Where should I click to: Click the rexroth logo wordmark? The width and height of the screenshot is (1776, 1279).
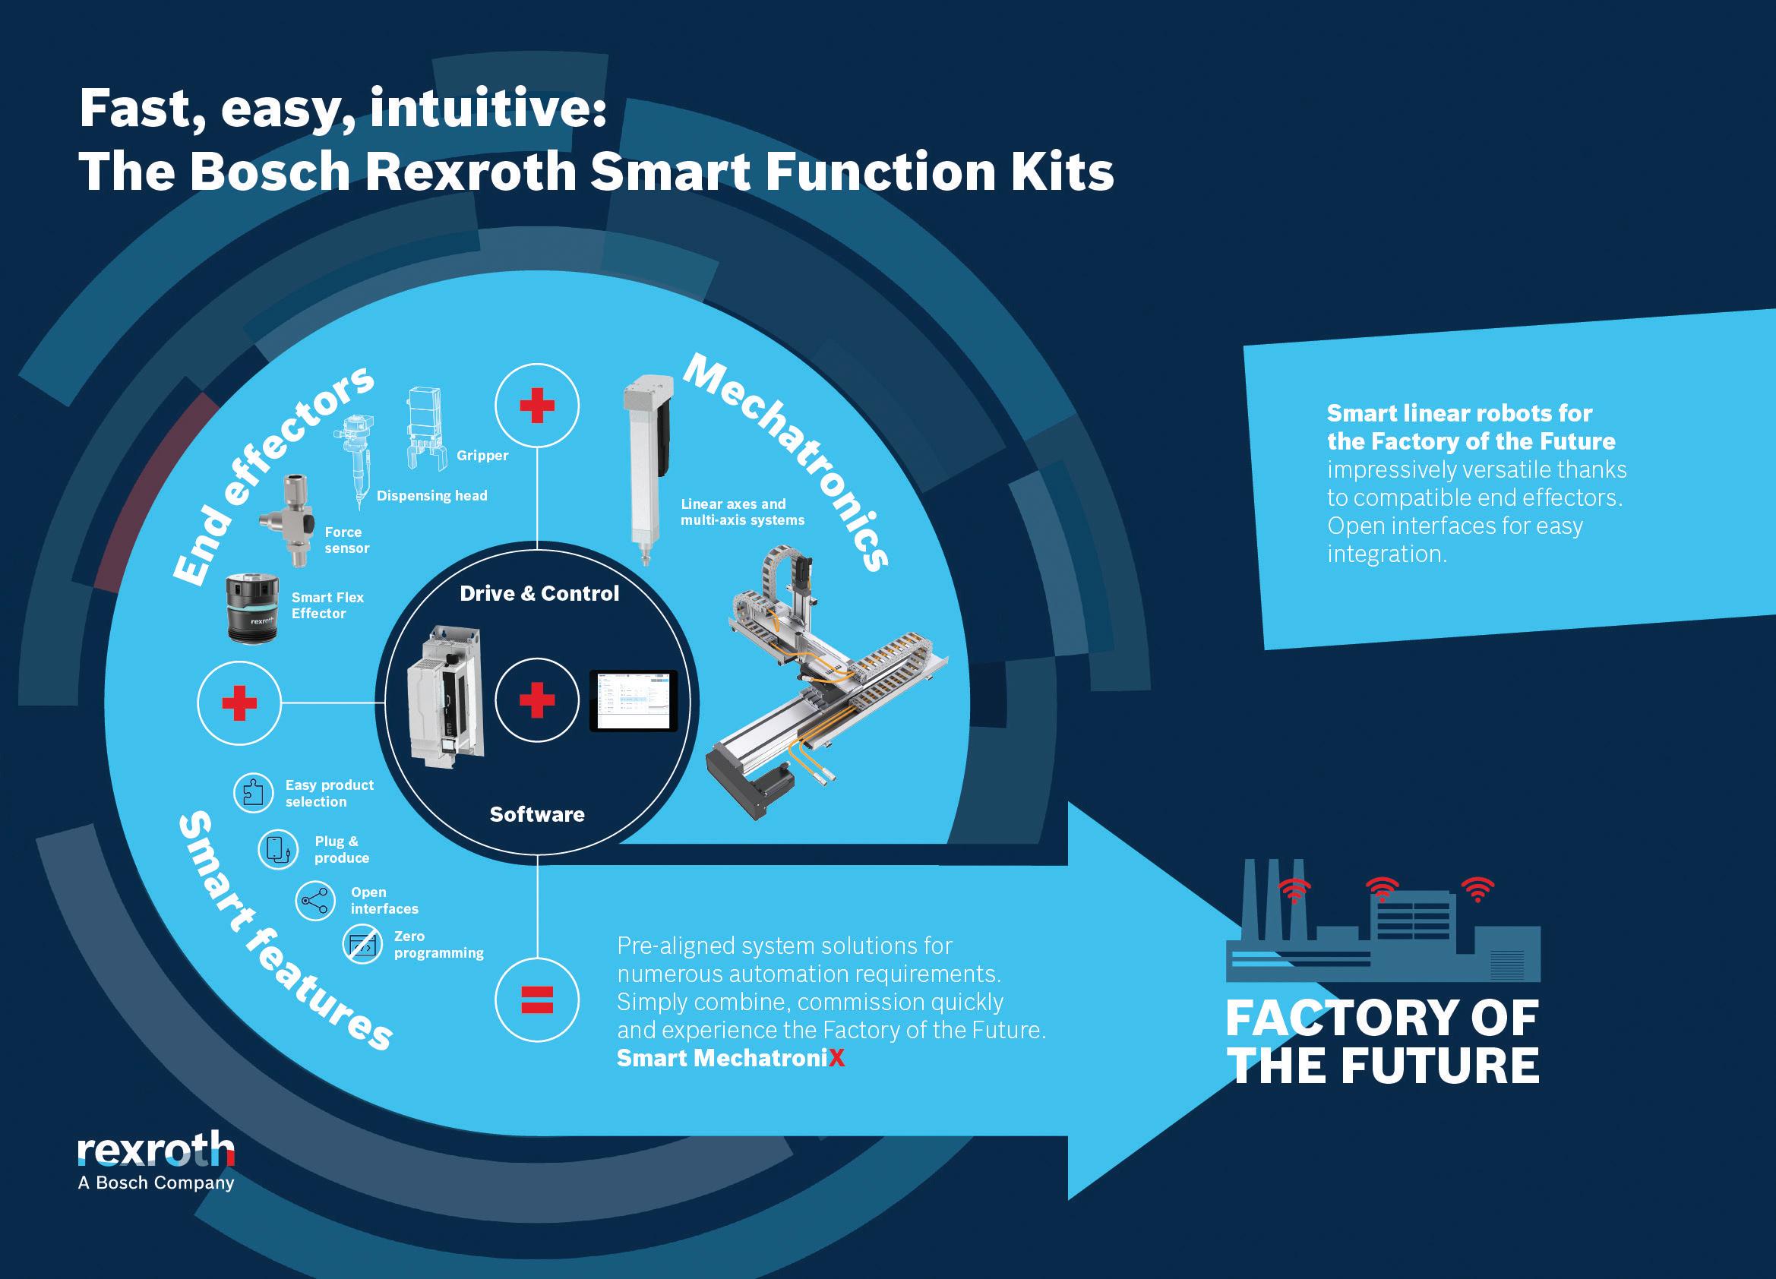click(156, 1151)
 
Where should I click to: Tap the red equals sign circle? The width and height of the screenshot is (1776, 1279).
click(537, 1000)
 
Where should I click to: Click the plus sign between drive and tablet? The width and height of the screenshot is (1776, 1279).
click(537, 700)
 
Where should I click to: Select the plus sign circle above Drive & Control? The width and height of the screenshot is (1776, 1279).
click(537, 406)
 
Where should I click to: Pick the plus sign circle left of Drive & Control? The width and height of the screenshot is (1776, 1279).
click(239, 703)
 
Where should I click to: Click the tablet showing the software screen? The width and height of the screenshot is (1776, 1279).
click(633, 700)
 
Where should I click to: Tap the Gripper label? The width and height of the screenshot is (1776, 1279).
click(482, 456)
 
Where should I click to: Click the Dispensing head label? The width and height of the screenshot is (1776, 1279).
click(431, 495)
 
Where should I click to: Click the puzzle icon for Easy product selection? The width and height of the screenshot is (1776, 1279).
click(253, 792)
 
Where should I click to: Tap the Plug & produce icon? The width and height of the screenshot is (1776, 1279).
click(278, 849)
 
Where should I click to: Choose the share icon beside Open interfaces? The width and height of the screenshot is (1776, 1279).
click(314, 900)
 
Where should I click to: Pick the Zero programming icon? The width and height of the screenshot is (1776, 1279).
click(362, 945)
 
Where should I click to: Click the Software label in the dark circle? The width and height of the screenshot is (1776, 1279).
click(537, 814)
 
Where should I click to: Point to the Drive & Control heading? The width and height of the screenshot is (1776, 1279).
click(539, 593)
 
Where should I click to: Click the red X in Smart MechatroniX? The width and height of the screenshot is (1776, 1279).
click(836, 1058)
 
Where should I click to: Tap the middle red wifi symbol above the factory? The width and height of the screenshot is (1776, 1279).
click(1382, 889)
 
